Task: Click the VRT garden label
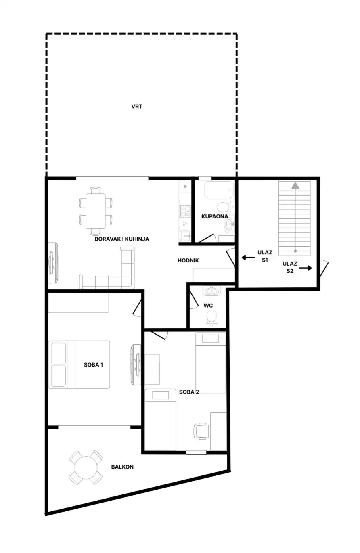136,107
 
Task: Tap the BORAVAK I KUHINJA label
122,239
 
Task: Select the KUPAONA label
215,216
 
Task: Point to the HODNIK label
188,260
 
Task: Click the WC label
208,306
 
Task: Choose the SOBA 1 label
93,364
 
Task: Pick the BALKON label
122,467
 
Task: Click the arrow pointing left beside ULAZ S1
248,258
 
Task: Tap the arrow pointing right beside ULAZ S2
306,268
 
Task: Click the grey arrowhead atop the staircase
295,186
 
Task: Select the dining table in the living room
96,211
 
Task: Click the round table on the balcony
86,468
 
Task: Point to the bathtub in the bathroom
218,190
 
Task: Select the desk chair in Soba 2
201,431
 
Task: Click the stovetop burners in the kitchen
185,211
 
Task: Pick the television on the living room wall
52,263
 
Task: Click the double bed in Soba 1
79,364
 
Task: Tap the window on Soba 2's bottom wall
196,452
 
